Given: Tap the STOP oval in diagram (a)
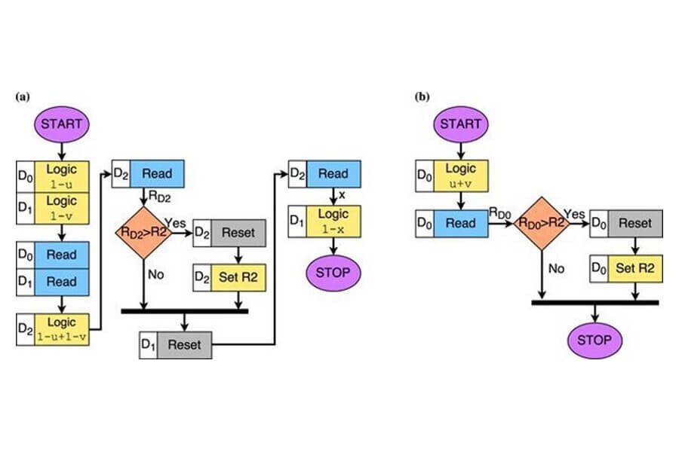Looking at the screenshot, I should coord(333,272).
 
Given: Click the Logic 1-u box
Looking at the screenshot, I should coord(62,175).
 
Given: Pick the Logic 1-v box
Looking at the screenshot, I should coord(62,206).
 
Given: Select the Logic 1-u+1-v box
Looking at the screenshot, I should coord(62,329).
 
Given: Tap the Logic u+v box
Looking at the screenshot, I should coord(459,175).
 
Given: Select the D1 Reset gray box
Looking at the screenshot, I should coord(184,345).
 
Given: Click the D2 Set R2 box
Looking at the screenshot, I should coord(239,278).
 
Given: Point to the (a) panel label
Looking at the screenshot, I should coord(21,96).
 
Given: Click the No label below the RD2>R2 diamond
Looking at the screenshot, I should coord(155,275).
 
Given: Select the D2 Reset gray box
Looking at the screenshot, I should coord(239,234).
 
